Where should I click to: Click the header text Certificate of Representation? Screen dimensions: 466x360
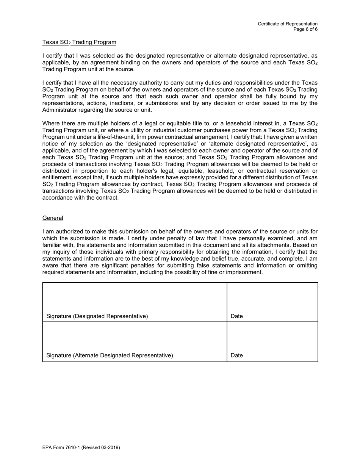pos(288,24)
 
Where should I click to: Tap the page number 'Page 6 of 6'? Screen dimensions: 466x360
pos(305,29)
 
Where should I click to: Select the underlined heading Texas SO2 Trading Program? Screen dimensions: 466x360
pos(79,42)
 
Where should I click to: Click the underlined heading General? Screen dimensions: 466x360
pos(53,218)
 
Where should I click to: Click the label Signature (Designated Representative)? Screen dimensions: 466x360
pos(97,316)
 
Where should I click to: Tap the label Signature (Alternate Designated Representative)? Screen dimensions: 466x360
pos(110,355)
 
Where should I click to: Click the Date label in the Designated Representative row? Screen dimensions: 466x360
pos(236,316)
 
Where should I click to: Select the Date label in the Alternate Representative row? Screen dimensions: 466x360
pos(236,355)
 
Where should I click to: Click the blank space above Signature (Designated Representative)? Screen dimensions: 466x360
pos(135,297)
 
